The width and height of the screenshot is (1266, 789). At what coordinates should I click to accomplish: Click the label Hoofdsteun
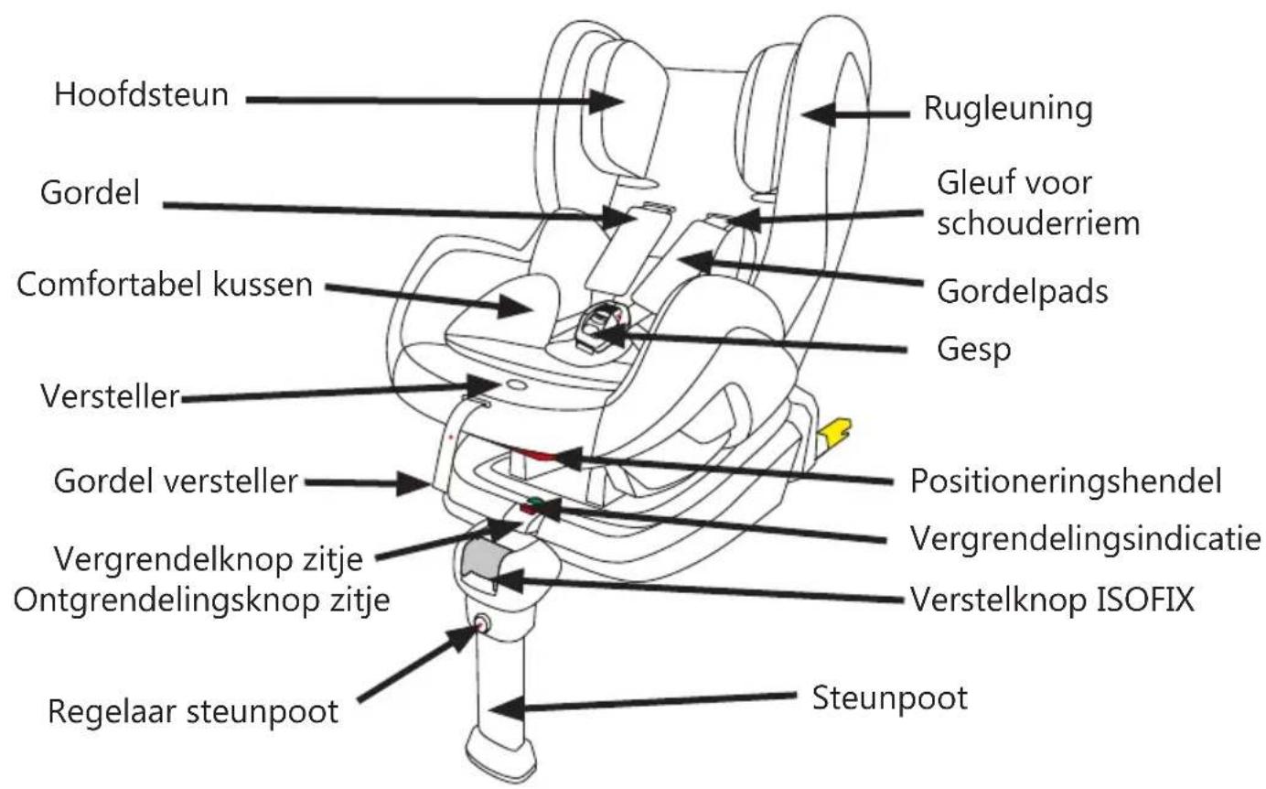click(141, 94)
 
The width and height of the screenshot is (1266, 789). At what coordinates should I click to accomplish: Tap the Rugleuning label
click(1008, 109)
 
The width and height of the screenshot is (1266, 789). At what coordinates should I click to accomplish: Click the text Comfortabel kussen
click(165, 284)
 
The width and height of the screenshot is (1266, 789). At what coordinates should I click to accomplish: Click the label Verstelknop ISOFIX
click(1052, 600)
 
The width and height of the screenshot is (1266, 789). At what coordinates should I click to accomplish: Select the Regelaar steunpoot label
click(193, 711)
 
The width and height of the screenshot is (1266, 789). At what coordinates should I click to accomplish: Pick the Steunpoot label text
click(890, 698)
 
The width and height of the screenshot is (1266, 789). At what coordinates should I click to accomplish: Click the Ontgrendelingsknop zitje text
click(202, 600)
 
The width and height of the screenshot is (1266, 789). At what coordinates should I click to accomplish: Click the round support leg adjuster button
click(480, 625)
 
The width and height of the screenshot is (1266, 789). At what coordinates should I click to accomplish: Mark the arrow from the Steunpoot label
click(649, 703)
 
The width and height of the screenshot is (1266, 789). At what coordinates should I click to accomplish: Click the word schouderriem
click(1037, 223)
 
